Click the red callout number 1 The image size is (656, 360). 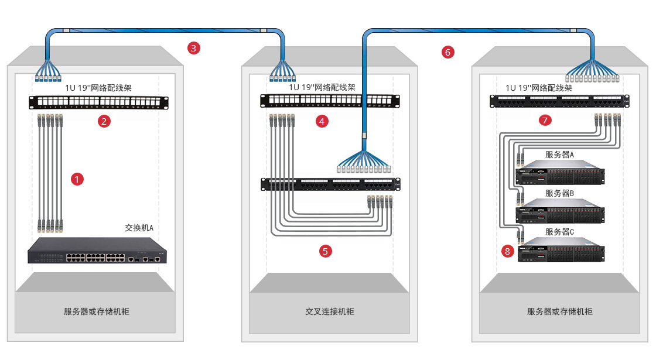pyautogui.click(x=77, y=179)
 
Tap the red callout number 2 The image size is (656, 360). pyautogui.click(x=104, y=122)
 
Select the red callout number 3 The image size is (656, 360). pyautogui.click(x=194, y=48)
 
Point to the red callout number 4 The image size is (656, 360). pyautogui.click(x=322, y=122)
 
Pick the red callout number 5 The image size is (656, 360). pyautogui.click(x=326, y=251)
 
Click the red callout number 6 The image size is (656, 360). pyautogui.click(x=447, y=52)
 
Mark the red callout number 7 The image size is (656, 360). pyautogui.click(x=545, y=121)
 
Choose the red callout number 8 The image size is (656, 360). pyautogui.click(x=507, y=251)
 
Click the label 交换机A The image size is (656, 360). pyautogui.click(x=139, y=227)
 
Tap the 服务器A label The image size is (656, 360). pyautogui.click(x=559, y=155)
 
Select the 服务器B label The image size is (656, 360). pyautogui.click(x=559, y=193)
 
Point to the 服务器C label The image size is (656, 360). pyautogui.click(x=559, y=232)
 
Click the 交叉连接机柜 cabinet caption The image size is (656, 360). pyautogui.click(x=329, y=311)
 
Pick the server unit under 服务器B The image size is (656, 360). pyautogui.click(x=559, y=211)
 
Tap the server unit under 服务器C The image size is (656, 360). pyautogui.click(x=559, y=250)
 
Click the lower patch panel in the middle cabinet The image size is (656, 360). pyautogui.click(x=330, y=184)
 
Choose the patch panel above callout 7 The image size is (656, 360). pyautogui.click(x=559, y=101)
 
